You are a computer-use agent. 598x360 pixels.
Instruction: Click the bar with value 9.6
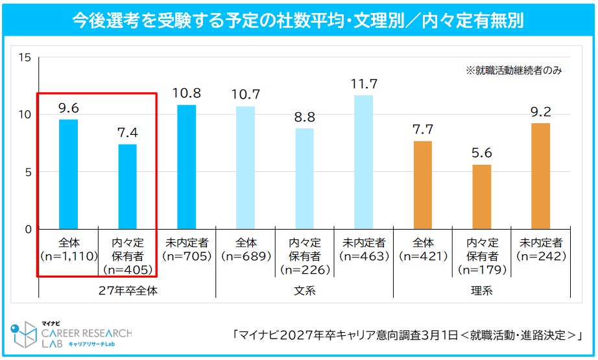68,174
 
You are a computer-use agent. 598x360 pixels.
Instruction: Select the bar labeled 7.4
127,186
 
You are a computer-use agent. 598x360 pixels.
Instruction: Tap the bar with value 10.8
186,167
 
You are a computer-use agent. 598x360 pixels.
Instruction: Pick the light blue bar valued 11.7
363,162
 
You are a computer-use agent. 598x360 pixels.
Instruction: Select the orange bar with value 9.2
540,176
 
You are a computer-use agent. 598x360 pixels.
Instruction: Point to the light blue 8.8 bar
304,178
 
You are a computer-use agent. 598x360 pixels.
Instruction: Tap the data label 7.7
422,129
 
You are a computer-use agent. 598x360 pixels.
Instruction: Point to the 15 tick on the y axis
25,58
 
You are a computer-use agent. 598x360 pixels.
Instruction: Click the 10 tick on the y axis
25,115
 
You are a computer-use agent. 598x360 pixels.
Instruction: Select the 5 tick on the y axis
28,172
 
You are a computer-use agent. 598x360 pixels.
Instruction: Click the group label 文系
304,291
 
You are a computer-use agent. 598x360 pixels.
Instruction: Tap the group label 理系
481,291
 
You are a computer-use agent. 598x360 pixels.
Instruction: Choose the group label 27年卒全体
127,291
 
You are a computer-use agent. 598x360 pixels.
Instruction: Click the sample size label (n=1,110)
68,256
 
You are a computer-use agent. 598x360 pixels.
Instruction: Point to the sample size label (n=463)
363,256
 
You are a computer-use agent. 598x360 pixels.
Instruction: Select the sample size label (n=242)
540,256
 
